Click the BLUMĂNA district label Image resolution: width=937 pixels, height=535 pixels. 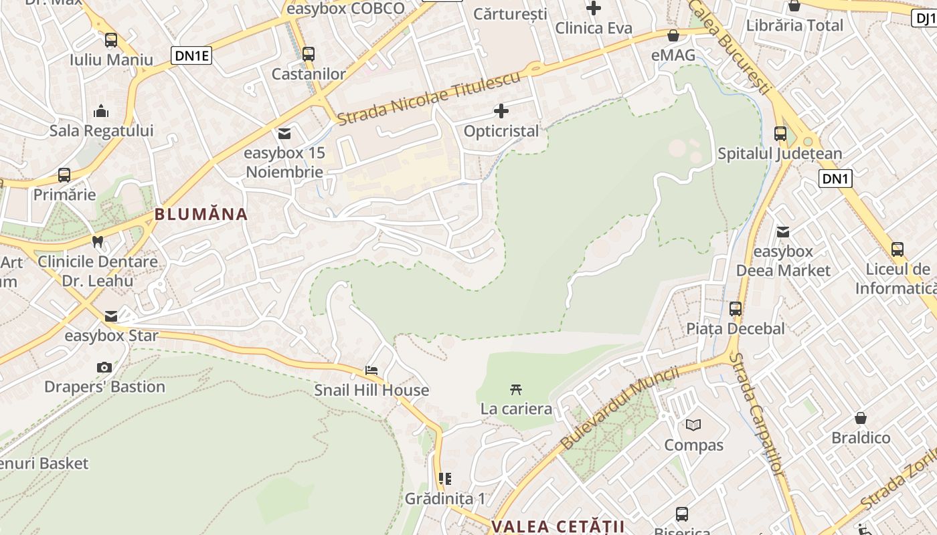tap(201, 215)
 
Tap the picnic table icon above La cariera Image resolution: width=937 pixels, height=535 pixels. tap(515, 389)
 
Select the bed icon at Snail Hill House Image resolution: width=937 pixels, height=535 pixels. tap(371, 370)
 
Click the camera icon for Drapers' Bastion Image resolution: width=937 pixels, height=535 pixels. tap(104, 367)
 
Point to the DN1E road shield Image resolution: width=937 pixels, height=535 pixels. tap(192, 56)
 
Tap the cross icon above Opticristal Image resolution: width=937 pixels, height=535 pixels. tap(501, 111)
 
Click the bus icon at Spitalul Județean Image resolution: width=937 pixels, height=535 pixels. tap(780, 133)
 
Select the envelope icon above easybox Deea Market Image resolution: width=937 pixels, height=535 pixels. tap(783, 232)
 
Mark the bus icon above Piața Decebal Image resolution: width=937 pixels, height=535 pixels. tap(736, 309)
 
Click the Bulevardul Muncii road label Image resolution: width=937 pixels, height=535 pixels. tap(619, 408)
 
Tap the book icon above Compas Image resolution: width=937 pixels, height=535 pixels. tap(693, 425)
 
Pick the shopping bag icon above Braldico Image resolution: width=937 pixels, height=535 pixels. tap(861, 418)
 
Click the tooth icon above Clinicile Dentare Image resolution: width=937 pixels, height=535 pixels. tap(98, 241)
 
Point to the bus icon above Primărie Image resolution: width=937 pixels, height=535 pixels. tap(64, 175)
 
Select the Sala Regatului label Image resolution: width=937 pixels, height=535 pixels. tap(101, 130)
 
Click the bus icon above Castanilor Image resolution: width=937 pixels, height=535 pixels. tap(309, 54)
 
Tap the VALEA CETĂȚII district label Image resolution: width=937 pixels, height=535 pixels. tap(558, 526)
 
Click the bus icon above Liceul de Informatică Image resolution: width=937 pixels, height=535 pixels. tap(898, 249)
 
